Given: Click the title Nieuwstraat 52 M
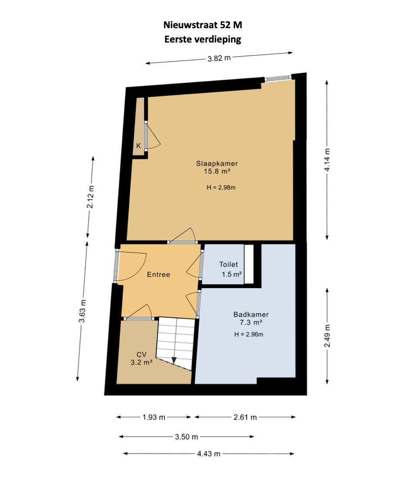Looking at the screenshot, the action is pyautogui.click(x=202, y=25).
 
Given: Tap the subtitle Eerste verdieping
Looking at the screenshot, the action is pyautogui.click(x=202, y=39).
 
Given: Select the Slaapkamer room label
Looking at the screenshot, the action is pyautogui.click(x=217, y=163).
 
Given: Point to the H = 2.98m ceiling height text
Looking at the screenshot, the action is pyautogui.click(x=221, y=187).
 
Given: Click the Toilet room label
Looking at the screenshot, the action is pyautogui.click(x=228, y=264).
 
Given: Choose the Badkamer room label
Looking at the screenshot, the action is pyautogui.click(x=251, y=314).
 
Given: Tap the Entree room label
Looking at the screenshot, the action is pyautogui.click(x=158, y=274).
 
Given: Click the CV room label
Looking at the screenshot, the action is pyautogui.click(x=142, y=355).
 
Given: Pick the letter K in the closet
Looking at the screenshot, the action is pyautogui.click(x=139, y=146).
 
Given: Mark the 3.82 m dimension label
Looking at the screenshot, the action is pyautogui.click(x=219, y=58).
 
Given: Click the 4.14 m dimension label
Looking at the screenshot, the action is pyautogui.click(x=328, y=160).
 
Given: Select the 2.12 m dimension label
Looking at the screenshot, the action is pyautogui.click(x=90, y=197).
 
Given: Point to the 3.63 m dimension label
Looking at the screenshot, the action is pyautogui.click(x=82, y=311).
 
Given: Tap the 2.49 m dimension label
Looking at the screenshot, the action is pyautogui.click(x=328, y=336).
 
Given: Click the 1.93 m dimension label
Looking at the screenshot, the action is pyautogui.click(x=154, y=417).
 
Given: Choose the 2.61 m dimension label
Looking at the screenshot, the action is pyautogui.click(x=245, y=417).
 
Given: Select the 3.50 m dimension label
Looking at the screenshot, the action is pyautogui.click(x=186, y=437).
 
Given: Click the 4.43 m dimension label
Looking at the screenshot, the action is pyautogui.click(x=209, y=454).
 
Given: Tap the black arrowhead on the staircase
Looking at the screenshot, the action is pyautogui.click(x=174, y=361).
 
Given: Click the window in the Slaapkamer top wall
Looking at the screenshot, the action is pyautogui.click(x=278, y=79).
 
